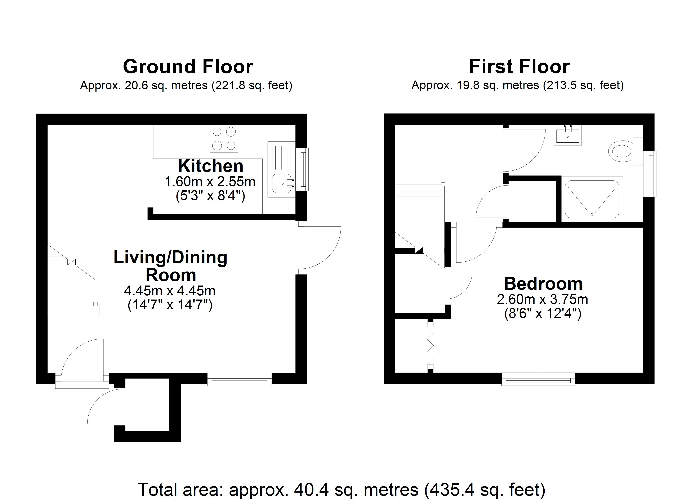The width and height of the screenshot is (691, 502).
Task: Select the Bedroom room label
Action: click(543, 283)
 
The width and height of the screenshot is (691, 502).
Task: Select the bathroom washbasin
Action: click(568, 135)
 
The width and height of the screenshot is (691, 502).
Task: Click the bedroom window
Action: click(538, 379)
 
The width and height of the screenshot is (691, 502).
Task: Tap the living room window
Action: click(240, 379)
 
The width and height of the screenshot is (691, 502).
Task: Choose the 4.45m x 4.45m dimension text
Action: click(170, 291)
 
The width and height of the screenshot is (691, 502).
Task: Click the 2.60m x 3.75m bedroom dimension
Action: click(542, 299)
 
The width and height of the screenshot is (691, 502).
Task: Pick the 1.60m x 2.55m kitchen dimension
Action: click(210, 182)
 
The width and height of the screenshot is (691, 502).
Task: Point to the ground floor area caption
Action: click(186, 86)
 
